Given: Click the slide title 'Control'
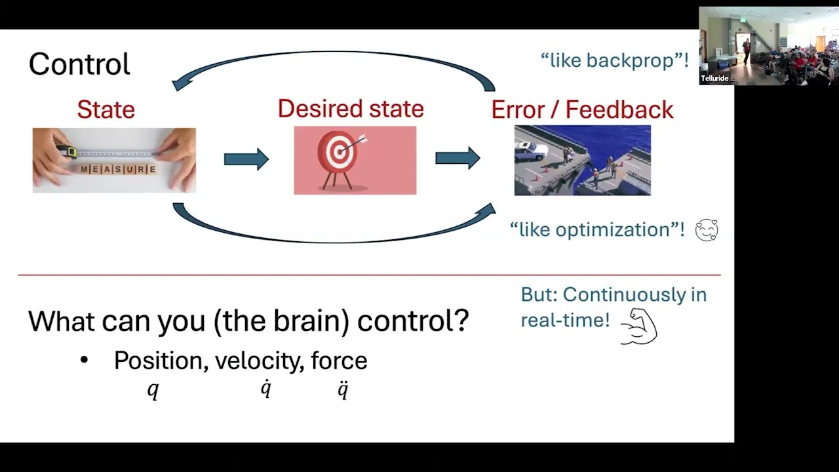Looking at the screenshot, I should coord(79,64).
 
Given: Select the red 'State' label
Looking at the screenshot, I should coord(106,109).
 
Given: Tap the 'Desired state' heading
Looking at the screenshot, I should coord(351,108).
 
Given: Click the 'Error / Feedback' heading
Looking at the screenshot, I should coord(582,109).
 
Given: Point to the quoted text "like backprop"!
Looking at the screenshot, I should coord(614,61).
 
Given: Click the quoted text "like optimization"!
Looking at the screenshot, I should coord(597,229).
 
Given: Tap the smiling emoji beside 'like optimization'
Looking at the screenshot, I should coord(707,230).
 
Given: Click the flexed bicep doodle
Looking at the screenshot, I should coord(638,326).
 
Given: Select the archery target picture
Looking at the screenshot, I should coord(355,160).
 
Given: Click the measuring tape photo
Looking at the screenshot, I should coord(114,160).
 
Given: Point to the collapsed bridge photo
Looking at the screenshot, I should coord(582,160).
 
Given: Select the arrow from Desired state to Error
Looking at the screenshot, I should coord(458,158).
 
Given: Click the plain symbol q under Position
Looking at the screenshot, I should coord(153,390).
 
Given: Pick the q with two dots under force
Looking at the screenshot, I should coord(343,389).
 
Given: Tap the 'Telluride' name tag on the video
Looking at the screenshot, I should coord(714,79).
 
